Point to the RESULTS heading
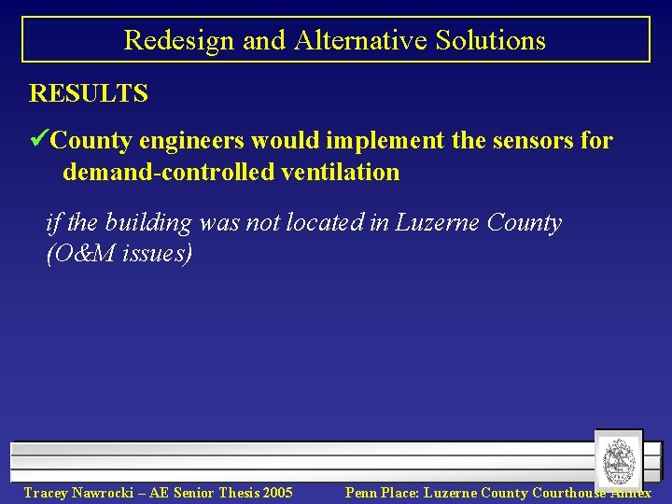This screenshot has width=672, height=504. pos(89,93)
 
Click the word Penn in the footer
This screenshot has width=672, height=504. pos(361,493)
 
